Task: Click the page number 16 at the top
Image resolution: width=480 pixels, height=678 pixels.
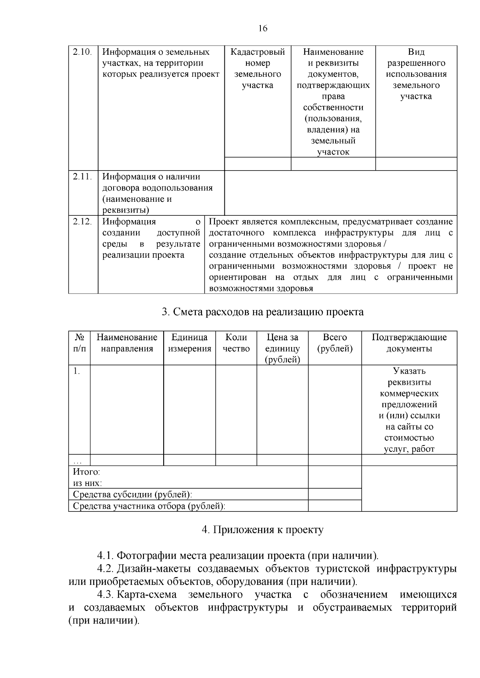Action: tap(263, 28)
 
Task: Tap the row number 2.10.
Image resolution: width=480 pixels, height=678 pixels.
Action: tap(83, 52)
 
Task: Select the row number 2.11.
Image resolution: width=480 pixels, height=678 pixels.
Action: tap(83, 177)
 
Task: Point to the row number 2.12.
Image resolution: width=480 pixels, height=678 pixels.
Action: tap(83, 222)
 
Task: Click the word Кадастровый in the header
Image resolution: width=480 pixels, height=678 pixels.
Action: tap(258, 52)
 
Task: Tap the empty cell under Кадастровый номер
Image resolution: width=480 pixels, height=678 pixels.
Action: tap(258, 164)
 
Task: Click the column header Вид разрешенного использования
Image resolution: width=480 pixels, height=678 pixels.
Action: tap(416, 74)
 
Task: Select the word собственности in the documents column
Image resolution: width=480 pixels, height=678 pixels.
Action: tap(333, 107)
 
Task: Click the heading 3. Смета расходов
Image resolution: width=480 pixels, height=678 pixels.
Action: tap(263, 312)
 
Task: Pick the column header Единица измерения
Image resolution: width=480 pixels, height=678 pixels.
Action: tap(189, 343)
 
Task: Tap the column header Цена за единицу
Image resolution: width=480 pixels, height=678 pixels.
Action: tap(282, 348)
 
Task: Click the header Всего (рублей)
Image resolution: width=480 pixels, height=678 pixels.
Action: tap(335, 343)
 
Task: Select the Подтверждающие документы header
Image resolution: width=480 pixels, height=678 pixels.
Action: tap(409, 343)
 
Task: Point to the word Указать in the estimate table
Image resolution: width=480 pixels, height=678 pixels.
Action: tap(409, 371)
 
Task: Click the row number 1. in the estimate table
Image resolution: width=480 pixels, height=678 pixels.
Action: tap(76, 371)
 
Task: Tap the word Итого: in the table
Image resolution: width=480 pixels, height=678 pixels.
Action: tap(86, 472)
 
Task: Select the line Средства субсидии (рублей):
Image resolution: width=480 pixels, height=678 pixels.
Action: tap(132, 495)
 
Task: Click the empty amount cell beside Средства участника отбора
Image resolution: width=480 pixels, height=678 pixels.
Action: tap(335, 506)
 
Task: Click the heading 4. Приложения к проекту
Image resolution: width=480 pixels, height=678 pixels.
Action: tap(263, 530)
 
